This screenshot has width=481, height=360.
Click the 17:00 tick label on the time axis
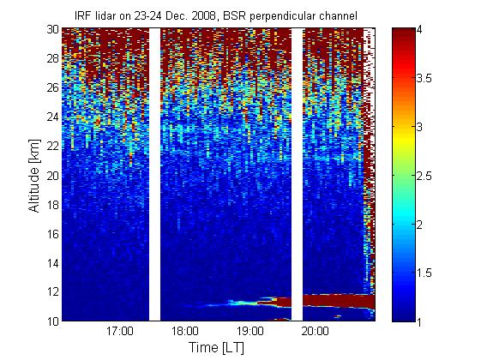[x=120, y=332]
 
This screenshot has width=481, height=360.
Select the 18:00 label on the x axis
[x=185, y=332]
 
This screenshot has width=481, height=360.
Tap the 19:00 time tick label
[x=250, y=332]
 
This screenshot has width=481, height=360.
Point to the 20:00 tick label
[x=315, y=332]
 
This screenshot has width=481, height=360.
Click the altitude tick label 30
[x=53, y=29]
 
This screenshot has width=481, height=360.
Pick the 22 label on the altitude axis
[x=53, y=146]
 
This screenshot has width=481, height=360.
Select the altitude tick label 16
[x=53, y=234]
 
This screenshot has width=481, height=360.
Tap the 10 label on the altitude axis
[x=53, y=321]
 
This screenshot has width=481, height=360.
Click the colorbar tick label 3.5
[x=424, y=79]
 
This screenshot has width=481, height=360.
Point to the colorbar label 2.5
[x=424, y=176]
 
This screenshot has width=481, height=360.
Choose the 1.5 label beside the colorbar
[x=424, y=273]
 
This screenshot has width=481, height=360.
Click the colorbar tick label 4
[x=419, y=30]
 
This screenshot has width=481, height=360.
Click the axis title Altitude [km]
[x=34, y=176]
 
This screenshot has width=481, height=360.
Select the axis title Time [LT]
[x=217, y=348]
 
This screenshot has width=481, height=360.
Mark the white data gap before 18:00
[x=154, y=175]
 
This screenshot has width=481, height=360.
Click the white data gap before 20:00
[x=297, y=175]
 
